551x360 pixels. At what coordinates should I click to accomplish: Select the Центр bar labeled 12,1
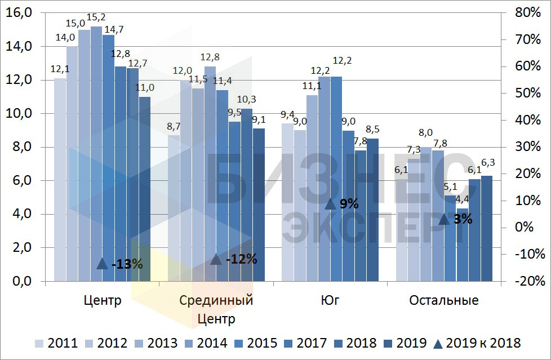point(60,180)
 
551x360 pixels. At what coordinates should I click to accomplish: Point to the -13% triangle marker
point(102,263)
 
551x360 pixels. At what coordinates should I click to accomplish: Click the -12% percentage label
point(241,259)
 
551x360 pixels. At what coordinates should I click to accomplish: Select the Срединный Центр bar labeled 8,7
point(174,208)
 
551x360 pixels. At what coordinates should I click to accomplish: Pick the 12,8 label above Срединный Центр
point(210,57)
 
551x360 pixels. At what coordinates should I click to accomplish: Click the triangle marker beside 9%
point(331,204)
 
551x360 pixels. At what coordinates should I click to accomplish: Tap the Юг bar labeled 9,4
point(287,203)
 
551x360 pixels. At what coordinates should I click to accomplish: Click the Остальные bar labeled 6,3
point(486,228)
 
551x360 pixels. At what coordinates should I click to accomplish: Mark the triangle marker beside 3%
point(444,219)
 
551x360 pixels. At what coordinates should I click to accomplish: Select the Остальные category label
point(444,300)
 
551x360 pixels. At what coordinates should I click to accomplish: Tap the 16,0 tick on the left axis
point(18,12)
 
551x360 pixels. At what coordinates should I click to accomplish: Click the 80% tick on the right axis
point(527,12)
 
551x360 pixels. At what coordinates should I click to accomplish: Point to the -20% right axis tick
point(529,281)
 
